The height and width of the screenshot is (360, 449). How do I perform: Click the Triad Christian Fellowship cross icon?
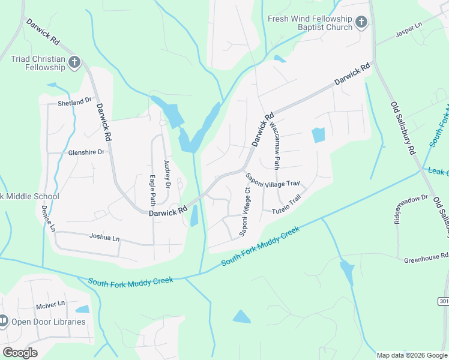point(74,62)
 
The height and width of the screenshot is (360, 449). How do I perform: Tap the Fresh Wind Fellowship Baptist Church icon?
point(361,23)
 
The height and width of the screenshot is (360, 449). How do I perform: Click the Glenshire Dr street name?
point(86,152)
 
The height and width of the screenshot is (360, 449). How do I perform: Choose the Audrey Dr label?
point(167,175)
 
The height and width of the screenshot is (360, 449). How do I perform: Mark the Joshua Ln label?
point(104,238)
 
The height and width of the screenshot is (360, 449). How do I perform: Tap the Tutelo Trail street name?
point(286,207)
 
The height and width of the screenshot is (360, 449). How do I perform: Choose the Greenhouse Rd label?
point(426,257)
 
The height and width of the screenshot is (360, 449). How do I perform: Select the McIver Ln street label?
point(49,305)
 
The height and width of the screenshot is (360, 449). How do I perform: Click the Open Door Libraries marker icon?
point(4,322)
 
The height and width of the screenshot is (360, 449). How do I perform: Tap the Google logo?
point(20,353)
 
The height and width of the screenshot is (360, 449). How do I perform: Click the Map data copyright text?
point(411,355)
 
